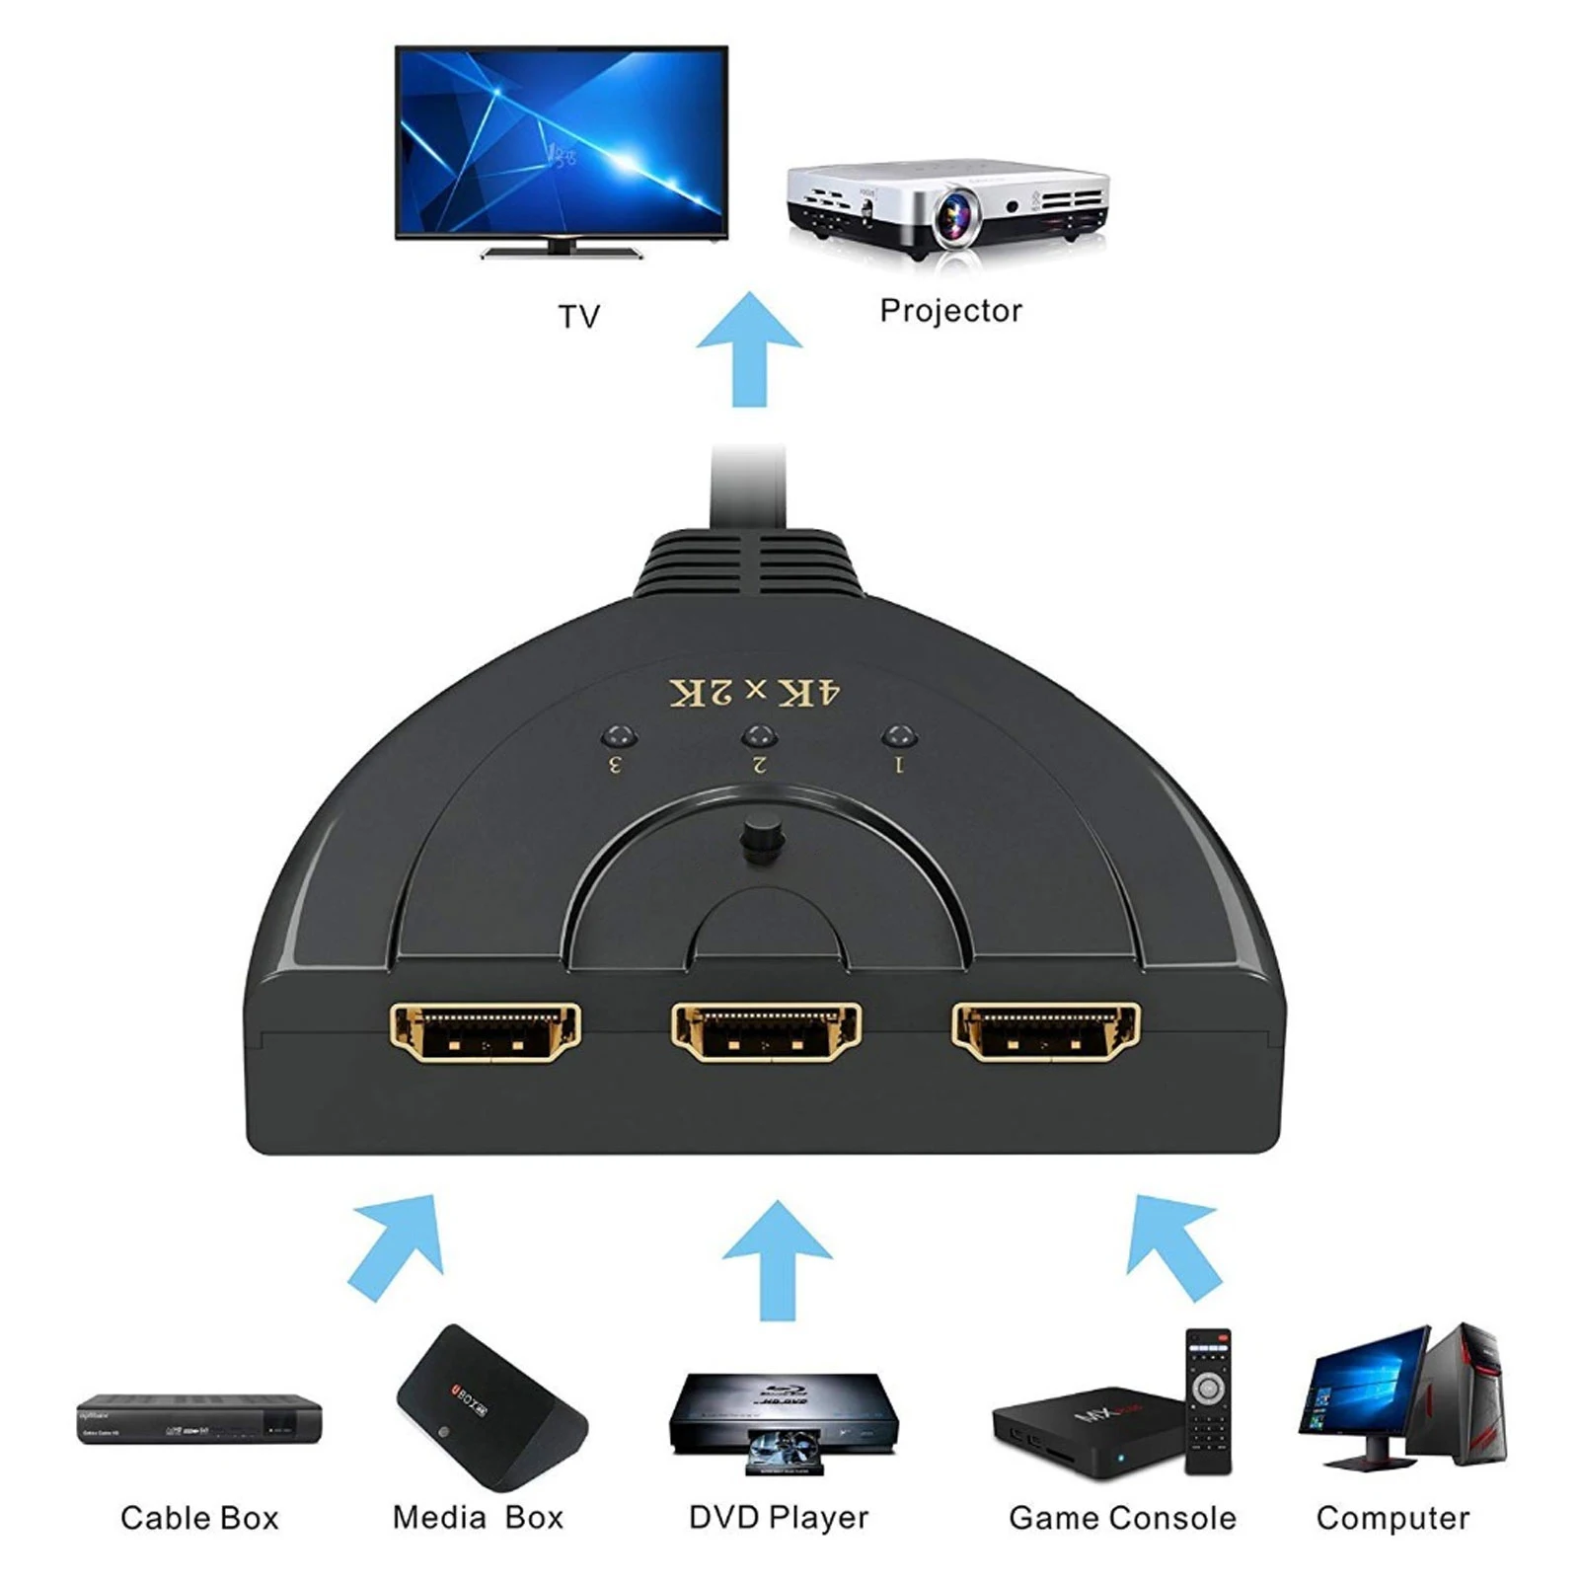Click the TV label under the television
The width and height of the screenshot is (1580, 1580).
pyautogui.click(x=578, y=317)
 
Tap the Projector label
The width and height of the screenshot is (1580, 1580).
pyautogui.click(x=950, y=311)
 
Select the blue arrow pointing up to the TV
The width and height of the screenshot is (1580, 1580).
pyautogui.click(x=749, y=349)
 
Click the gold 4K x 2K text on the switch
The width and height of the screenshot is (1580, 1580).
pyautogui.click(x=755, y=693)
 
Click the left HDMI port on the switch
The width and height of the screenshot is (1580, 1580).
pyautogui.click(x=485, y=1032)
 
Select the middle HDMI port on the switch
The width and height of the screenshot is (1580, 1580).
pyautogui.click(x=766, y=1032)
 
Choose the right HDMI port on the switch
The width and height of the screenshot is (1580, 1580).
pyautogui.click(x=1046, y=1032)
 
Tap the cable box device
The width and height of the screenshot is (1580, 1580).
pyautogui.click(x=199, y=1419)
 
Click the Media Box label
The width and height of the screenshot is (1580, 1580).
pyautogui.click(x=478, y=1518)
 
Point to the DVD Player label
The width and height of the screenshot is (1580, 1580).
pyautogui.click(x=779, y=1518)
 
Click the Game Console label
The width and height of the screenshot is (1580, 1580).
pyautogui.click(x=1122, y=1518)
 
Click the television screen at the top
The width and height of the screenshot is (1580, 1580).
pyautogui.click(x=561, y=140)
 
